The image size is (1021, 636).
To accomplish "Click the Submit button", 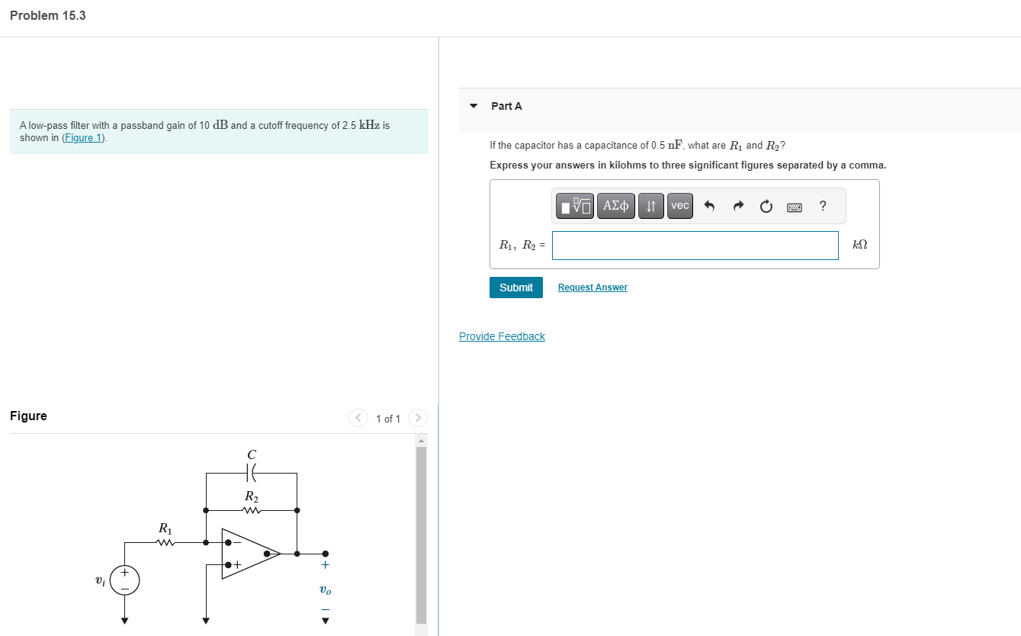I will pyautogui.click(x=515, y=287).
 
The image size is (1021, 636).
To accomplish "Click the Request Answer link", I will pyautogui.click(x=592, y=287).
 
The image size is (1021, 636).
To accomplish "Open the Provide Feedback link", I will pyautogui.click(x=502, y=336).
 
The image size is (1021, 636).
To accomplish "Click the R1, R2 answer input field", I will pyautogui.click(x=695, y=246).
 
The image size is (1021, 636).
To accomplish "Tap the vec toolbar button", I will pyautogui.click(x=679, y=206).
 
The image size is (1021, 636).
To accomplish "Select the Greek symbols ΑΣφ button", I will pyautogui.click(x=616, y=206).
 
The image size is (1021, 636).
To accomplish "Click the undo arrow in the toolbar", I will pyautogui.click(x=709, y=206).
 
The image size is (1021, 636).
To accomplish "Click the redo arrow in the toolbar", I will pyautogui.click(x=737, y=206).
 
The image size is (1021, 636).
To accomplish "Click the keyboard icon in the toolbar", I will pyautogui.click(x=794, y=206).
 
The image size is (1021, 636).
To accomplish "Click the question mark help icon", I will pyautogui.click(x=822, y=206).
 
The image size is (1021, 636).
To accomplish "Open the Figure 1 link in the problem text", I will pyautogui.click(x=84, y=138).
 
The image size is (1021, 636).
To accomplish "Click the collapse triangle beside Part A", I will pyautogui.click(x=474, y=106).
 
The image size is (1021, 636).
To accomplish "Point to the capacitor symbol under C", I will pyautogui.click(x=251, y=474).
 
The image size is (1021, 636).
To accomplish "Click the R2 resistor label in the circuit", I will pyautogui.click(x=250, y=496).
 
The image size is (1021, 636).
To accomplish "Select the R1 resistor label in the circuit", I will pyautogui.click(x=165, y=528).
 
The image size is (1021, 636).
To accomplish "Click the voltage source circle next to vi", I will pyautogui.click(x=125, y=580).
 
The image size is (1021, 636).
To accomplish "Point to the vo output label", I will pyautogui.click(x=325, y=589).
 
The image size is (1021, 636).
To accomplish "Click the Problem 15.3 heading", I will pyautogui.click(x=48, y=16).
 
